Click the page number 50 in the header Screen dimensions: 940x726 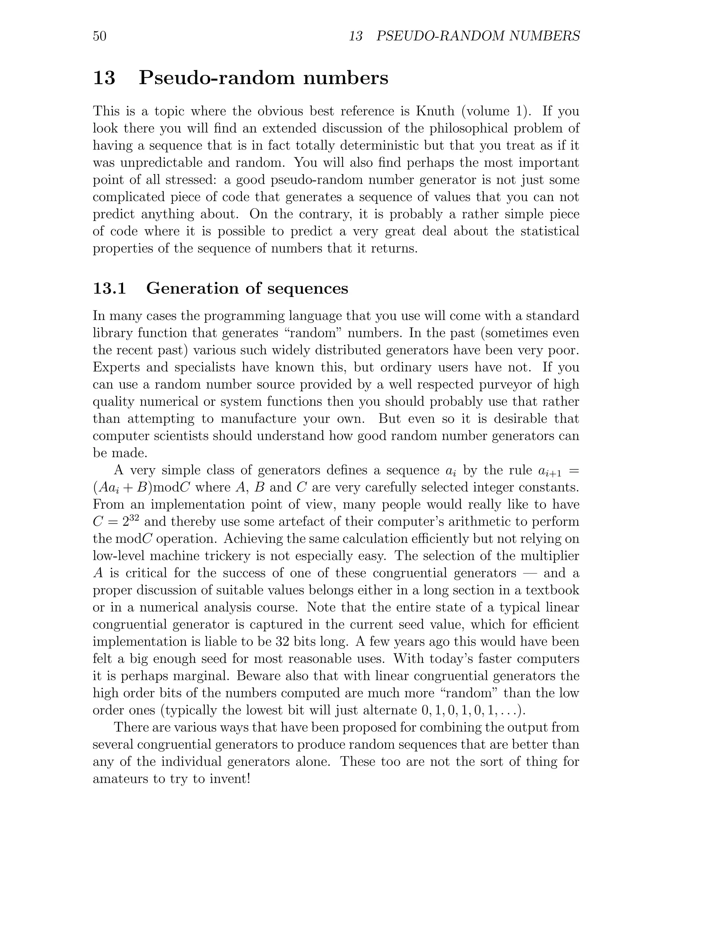[x=99, y=36]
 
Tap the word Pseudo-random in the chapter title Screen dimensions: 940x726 [x=216, y=78]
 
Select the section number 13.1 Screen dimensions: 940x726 [x=109, y=288]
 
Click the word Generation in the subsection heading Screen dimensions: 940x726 [x=192, y=288]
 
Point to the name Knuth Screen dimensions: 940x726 [x=435, y=111]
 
